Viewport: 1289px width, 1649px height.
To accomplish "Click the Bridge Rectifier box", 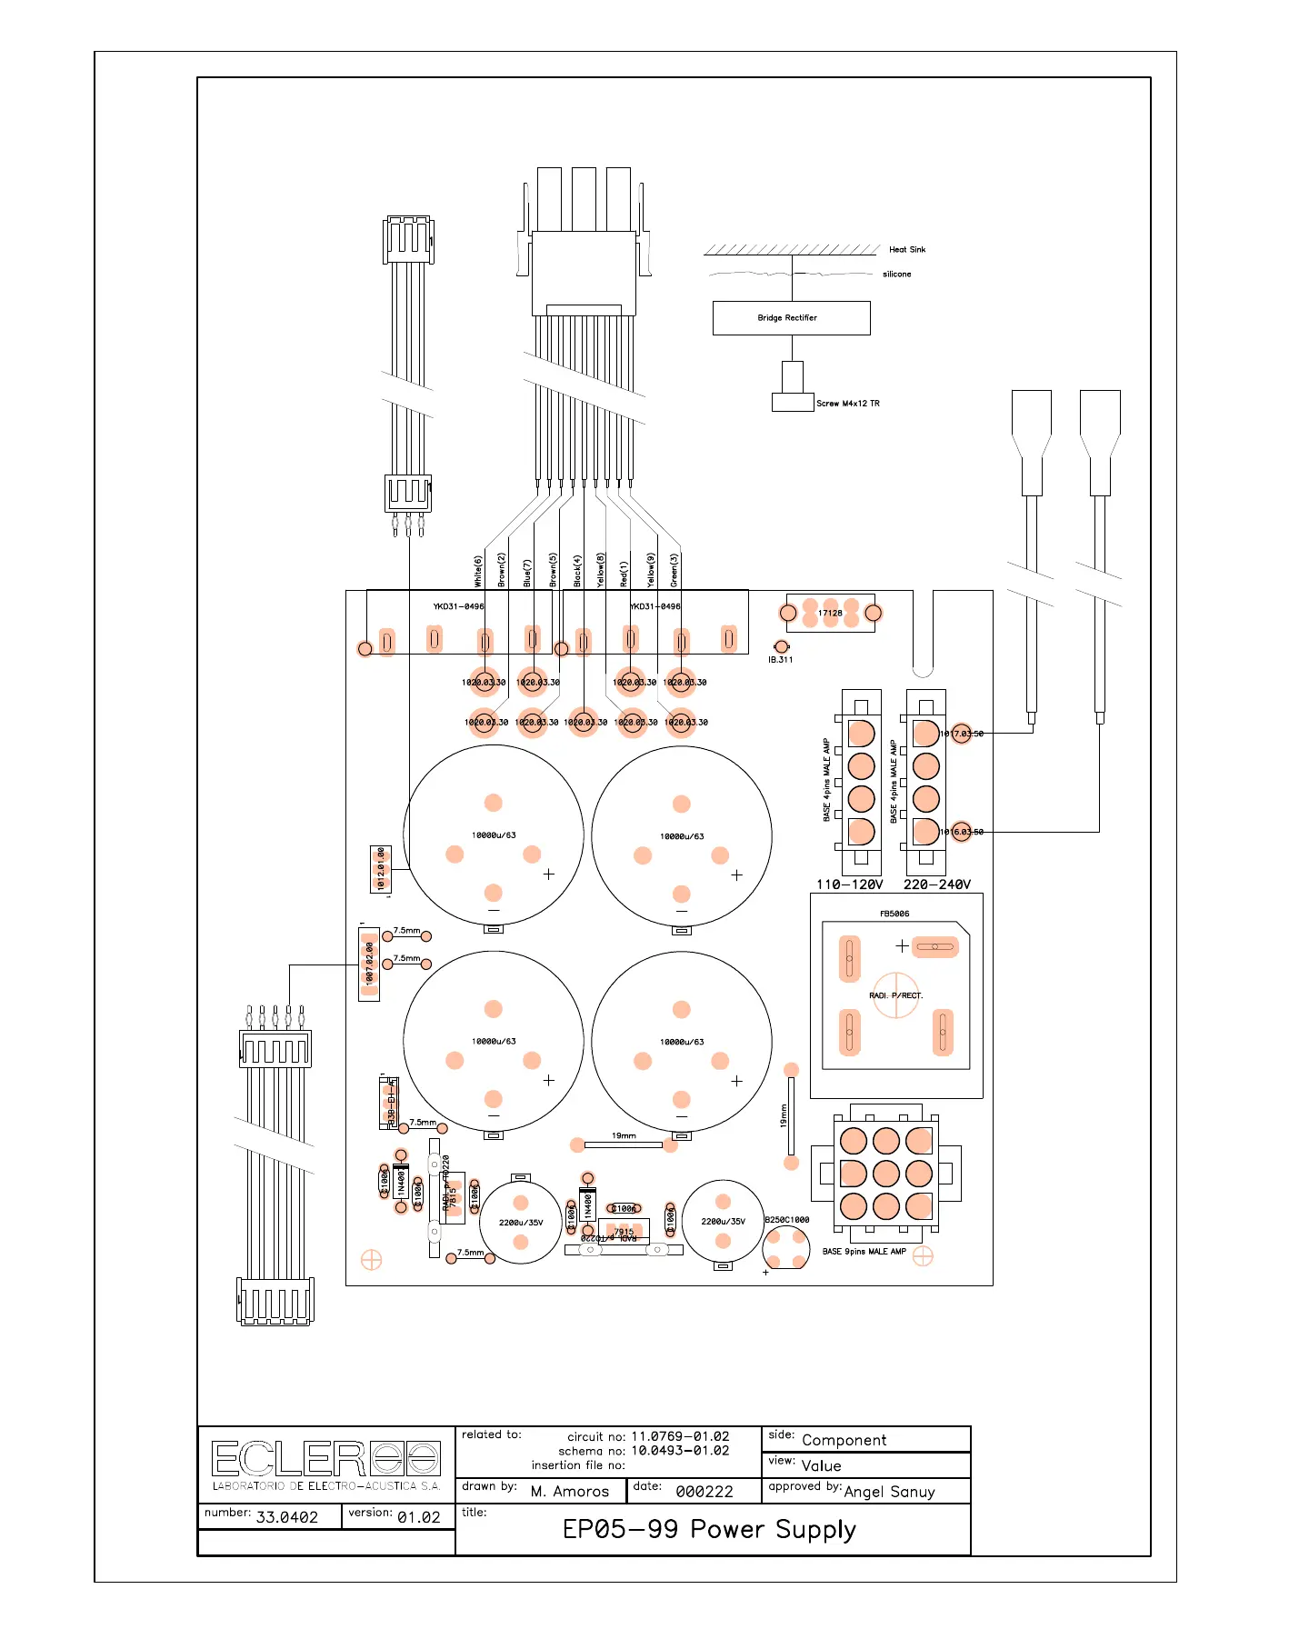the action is tap(791, 318).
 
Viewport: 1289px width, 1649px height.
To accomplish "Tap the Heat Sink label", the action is tap(906, 249).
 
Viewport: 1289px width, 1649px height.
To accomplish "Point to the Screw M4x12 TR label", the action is tap(847, 404).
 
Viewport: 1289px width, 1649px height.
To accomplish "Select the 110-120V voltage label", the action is tap(849, 884).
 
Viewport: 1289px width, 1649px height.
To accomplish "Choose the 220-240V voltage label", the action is tap(936, 884).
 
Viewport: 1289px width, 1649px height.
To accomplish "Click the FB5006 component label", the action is tap(894, 914).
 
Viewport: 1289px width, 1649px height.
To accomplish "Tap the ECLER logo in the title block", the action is tap(325, 1459).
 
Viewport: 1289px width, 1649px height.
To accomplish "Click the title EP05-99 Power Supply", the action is tap(709, 1529).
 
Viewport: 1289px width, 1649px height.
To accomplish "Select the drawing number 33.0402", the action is tap(287, 1517).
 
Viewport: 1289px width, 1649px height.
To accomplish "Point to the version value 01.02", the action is tap(418, 1517).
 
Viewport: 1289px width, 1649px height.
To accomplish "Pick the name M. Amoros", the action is tap(570, 1492).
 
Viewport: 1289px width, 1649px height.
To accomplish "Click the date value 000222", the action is tap(704, 1492).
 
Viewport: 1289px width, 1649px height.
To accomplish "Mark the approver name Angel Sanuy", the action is tap(889, 1492).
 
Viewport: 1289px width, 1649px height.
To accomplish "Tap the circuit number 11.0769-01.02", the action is tap(680, 1436).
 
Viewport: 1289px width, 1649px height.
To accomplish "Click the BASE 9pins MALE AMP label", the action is tap(864, 1252).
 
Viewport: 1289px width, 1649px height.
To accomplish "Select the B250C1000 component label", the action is tap(786, 1220).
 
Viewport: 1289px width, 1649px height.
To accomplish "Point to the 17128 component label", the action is tap(830, 614).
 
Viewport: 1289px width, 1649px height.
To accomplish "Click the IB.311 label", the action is tap(780, 660).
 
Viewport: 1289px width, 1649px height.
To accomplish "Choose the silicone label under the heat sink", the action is tap(896, 274).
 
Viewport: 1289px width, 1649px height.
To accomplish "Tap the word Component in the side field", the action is tap(844, 1440).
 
